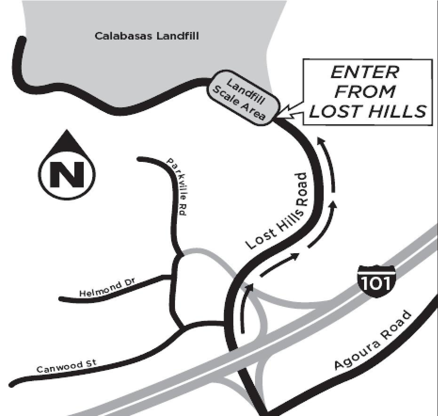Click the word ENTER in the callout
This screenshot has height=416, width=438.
tap(365, 72)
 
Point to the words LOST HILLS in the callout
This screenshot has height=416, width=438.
tap(367, 111)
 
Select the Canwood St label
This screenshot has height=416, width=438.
tap(66, 367)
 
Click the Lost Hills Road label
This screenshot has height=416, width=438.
tap(276, 211)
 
